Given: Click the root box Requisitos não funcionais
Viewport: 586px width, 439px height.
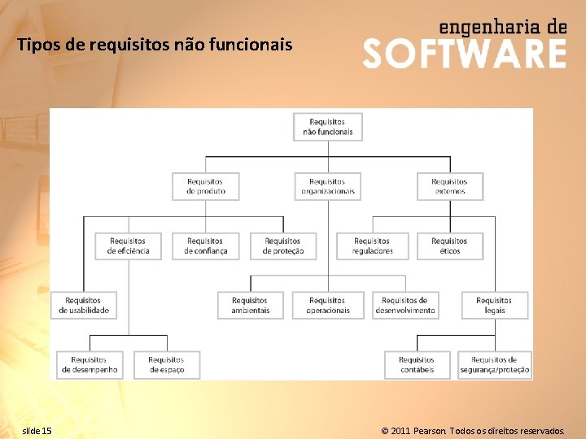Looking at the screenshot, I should pos(327,127).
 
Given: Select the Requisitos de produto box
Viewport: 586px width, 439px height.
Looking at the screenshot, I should pos(205,186).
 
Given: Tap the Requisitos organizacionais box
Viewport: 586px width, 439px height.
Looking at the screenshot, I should pos(327,186).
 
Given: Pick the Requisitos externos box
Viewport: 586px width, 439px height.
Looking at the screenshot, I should pos(449,186).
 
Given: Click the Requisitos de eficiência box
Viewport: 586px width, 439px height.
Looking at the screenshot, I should pos(128,246).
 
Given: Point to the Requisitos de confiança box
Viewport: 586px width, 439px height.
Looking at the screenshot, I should pos(205,246).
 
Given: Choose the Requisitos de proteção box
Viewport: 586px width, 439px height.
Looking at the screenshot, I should pos(282,246).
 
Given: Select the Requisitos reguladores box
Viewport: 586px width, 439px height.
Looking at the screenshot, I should pos(372,246).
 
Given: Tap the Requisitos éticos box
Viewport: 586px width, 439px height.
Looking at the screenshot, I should pos(449,246).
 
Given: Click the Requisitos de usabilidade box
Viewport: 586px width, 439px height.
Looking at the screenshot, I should pos(84,305).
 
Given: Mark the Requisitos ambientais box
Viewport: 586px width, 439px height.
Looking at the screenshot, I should pos(250,305).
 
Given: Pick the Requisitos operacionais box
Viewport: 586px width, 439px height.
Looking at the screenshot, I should pos(327,305).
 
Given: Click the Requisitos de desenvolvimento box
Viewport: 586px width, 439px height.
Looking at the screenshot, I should pos(405,305).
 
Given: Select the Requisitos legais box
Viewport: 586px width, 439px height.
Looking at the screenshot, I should pos(494,305).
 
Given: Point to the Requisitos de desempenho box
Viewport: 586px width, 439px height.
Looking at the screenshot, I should pos(89,365).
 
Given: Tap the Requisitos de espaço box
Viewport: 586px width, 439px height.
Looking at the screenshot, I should pos(167,365).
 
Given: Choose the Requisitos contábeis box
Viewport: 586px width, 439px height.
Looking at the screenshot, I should pos(416,365).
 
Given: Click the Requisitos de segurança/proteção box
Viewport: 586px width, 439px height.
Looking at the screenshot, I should pos(494,365).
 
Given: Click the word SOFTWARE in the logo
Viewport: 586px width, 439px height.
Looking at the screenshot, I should pos(464,54).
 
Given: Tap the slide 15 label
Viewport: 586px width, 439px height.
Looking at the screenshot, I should pos(37,430).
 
